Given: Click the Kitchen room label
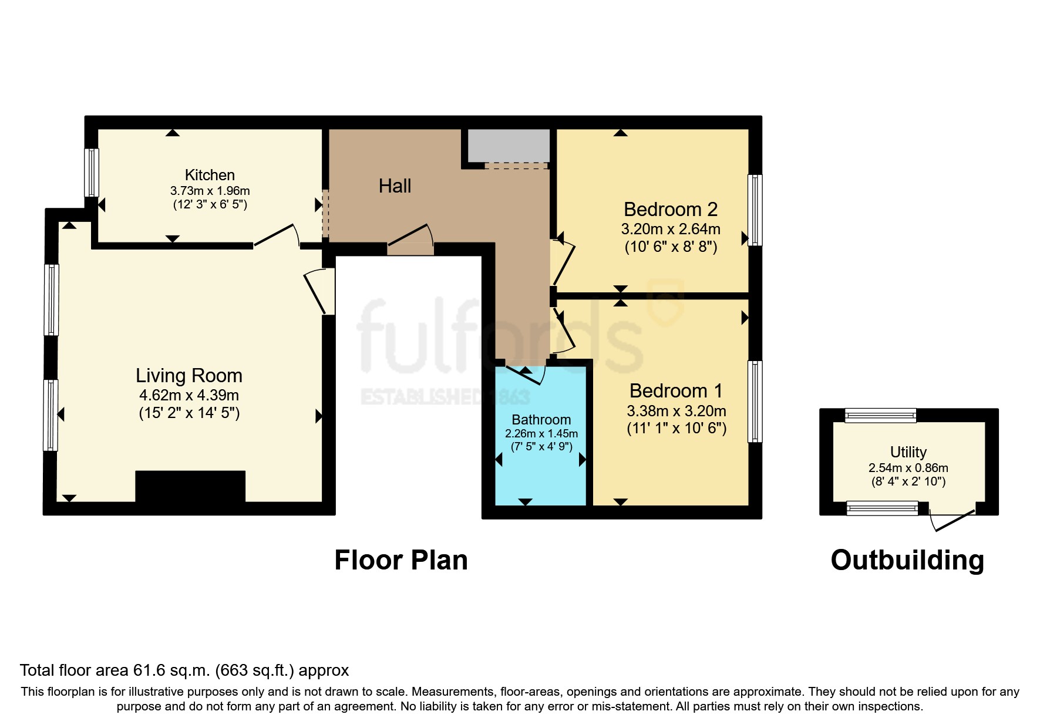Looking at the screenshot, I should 210,175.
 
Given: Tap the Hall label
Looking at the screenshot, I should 395,186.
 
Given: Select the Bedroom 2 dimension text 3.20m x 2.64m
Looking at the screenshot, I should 671,229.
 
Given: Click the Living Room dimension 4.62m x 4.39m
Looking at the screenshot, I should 189,395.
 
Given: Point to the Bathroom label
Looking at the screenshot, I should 541,420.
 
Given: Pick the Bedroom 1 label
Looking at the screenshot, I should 676,390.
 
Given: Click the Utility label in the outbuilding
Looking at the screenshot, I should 908,452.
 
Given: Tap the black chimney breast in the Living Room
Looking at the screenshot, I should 190,486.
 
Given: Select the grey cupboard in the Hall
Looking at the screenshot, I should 509,145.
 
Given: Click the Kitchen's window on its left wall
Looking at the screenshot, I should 91,172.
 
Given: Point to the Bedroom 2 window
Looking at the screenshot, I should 755,210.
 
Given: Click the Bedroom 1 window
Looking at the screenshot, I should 755,401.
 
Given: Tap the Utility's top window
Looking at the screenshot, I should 880,416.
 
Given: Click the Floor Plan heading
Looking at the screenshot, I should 401,560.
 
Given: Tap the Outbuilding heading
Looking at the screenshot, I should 907,560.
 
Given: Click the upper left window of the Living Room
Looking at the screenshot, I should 52,300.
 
